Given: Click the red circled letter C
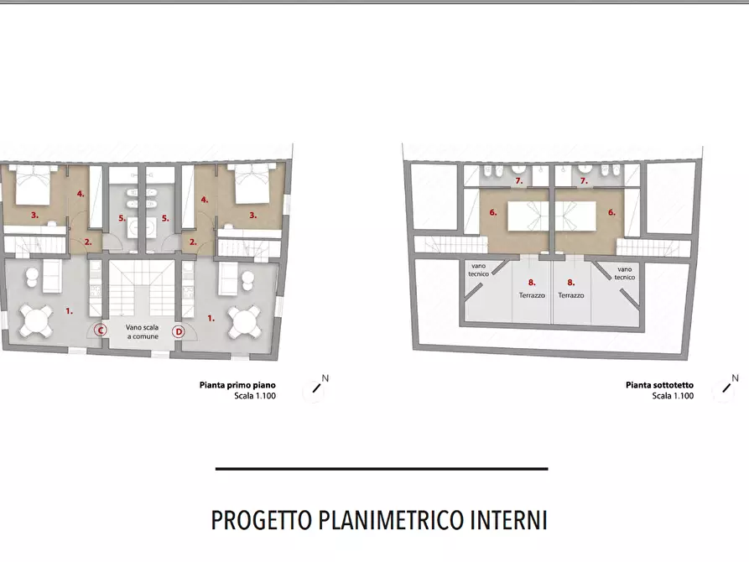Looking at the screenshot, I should point(101,330).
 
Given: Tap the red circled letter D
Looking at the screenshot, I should point(178,331).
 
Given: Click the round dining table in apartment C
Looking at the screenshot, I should point(35,318).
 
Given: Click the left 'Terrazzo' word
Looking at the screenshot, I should point(532,295).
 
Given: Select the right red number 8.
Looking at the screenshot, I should point(570,283).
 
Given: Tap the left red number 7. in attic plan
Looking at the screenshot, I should point(519,181).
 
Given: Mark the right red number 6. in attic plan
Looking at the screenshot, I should point(611,212).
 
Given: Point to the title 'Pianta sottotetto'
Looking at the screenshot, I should point(659,386).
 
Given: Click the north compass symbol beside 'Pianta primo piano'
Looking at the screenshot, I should point(318,387).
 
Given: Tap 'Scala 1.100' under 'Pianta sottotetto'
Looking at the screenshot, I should point(673,396).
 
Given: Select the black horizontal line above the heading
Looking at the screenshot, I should point(381,468).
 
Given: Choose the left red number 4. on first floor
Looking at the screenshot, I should point(81,195).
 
